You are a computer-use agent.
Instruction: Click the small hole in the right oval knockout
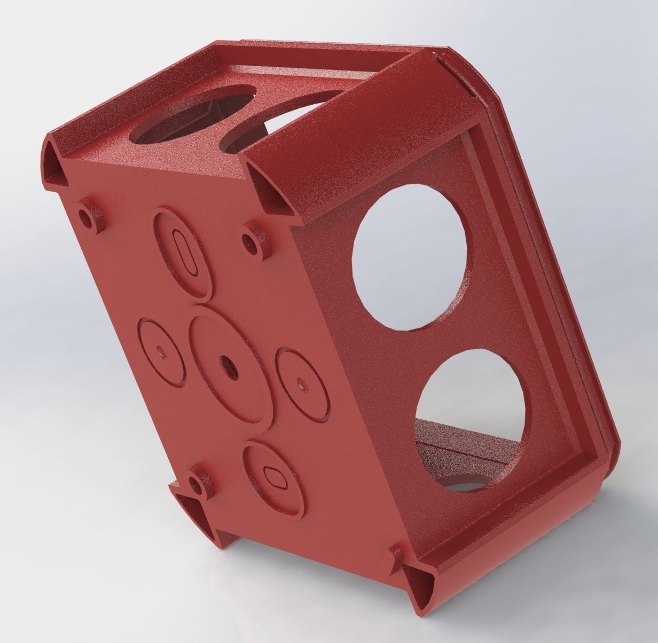(x=302, y=382)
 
